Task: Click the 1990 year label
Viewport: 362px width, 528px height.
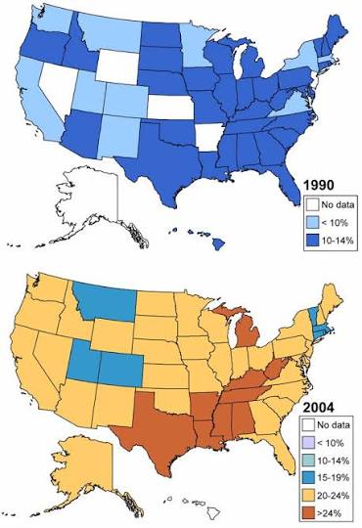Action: (x=319, y=185)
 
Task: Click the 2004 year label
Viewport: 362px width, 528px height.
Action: (x=319, y=408)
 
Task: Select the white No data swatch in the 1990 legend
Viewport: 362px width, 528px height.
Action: (x=312, y=204)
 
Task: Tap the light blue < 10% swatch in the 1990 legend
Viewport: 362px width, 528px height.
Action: (x=312, y=222)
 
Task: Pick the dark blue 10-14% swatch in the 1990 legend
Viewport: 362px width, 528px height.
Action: (x=312, y=241)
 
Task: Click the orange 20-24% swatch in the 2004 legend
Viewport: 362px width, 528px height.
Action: (x=308, y=496)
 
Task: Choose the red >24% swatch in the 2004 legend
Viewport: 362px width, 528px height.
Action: (x=308, y=513)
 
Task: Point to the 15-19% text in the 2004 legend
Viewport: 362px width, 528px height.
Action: (x=333, y=478)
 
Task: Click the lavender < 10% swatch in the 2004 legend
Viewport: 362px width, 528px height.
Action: (x=308, y=443)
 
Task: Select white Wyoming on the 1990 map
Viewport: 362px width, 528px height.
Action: (x=117, y=67)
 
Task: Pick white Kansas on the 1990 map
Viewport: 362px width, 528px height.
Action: (x=170, y=108)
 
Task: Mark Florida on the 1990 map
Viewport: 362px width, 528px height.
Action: (x=290, y=185)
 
